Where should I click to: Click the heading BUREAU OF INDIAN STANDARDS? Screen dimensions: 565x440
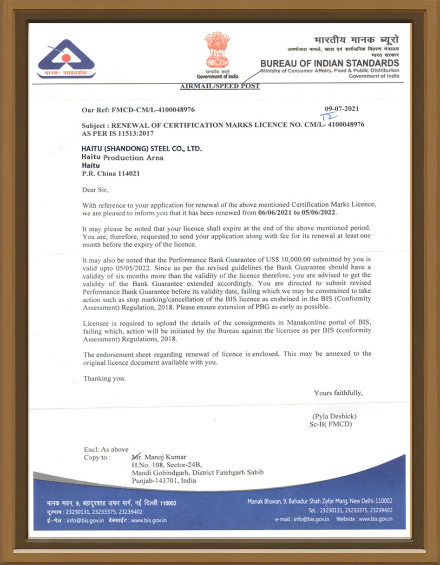pos(329,63)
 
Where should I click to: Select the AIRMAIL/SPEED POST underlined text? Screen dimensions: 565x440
pos(220,86)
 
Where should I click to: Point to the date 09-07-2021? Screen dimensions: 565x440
pos(341,109)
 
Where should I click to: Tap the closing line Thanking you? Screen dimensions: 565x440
pos(104,379)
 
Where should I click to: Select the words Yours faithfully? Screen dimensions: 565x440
pos(338,393)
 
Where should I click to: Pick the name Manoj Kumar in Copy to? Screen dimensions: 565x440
pos(162,457)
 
